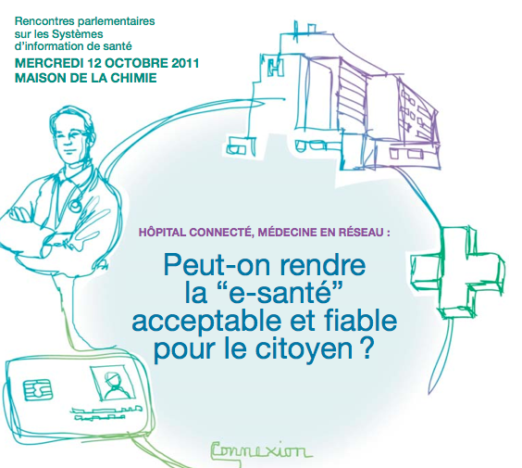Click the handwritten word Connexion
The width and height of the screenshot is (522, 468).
click(262, 451)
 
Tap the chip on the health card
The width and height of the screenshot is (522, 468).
click(38, 389)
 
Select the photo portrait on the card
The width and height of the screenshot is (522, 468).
click(113, 384)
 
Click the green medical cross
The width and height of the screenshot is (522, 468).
click(457, 272)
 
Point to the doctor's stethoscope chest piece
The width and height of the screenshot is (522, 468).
click(75, 204)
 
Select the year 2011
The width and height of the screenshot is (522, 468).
click(185, 63)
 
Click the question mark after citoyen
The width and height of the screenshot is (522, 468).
click(367, 348)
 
